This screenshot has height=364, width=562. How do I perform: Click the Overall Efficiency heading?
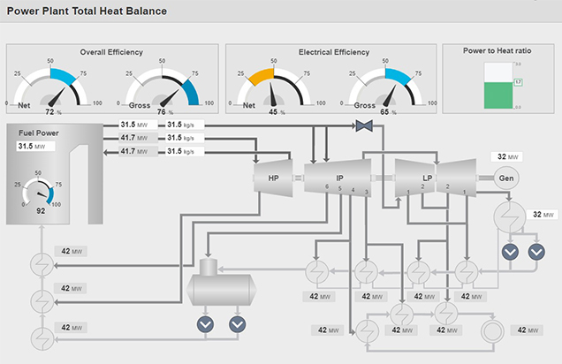click(111, 52)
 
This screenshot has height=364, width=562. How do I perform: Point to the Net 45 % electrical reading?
click(274, 112)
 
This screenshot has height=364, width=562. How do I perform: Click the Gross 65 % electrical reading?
click(384, 112)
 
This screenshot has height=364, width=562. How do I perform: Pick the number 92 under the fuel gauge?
click(41, 212)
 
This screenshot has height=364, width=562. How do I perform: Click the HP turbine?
click(273, 178)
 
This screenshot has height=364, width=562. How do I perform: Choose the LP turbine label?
click(428, 178)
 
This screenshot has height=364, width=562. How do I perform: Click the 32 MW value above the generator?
click(508, 157)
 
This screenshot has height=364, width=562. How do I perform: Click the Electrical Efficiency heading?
click(334, 52)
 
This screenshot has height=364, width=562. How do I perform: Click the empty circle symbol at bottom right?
click(491, 330)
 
